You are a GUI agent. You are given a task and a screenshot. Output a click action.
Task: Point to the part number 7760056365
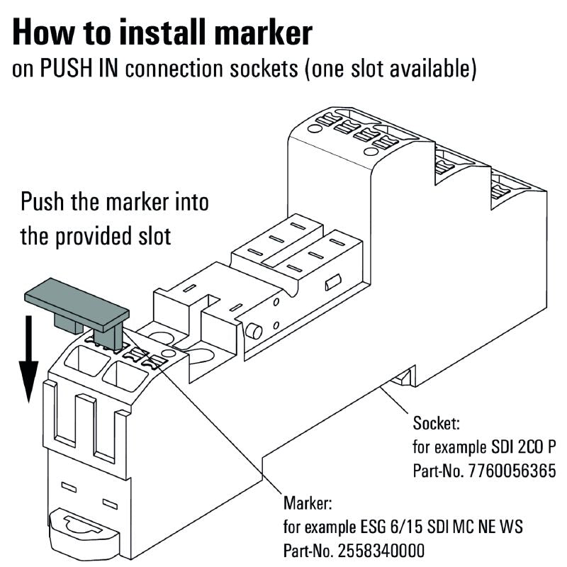coord(511,471)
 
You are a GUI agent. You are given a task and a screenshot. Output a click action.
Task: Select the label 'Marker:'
coord(308,504)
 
